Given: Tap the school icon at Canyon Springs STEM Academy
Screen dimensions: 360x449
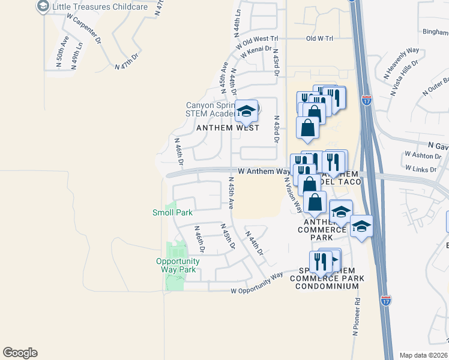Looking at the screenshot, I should coord(246,110).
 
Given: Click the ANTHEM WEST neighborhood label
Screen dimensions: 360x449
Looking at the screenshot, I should coord(228,128).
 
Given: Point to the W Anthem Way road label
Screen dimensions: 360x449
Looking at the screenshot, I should coord(264,172).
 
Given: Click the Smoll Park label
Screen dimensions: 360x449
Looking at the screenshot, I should coord(172,212).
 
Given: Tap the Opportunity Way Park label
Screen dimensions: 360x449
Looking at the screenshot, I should coord(177,265).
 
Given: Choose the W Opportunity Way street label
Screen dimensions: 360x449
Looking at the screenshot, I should coord(257,284).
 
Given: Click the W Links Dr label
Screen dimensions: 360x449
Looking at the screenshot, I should coord(421,169).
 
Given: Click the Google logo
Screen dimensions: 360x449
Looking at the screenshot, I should coord(20,353).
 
